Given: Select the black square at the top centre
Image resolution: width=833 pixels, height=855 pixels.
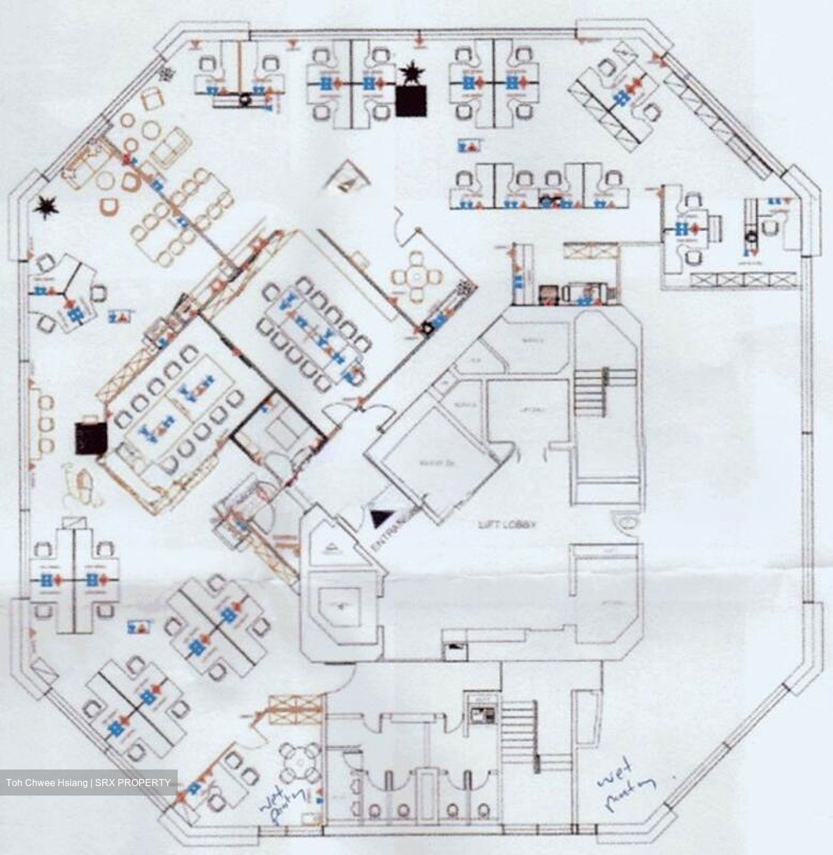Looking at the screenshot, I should click(x=411, y=101).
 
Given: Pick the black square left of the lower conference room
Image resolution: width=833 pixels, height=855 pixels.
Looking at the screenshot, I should click(x=91, y=439).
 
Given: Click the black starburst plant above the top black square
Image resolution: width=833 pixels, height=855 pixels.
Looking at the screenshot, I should click(x=411, y=74).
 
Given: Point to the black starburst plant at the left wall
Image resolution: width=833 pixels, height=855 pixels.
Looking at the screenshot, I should click(x=45, y=207).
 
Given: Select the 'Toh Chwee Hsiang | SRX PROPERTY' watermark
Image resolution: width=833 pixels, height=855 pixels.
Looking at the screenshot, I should click(x=89, y=783).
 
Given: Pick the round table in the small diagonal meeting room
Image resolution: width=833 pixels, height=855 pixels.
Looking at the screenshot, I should click(x=417, y=275).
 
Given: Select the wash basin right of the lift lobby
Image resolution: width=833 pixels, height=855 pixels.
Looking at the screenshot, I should click(x=626, y=522).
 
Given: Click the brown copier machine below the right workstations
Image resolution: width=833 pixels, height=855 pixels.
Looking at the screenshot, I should click(x=547, y=294).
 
